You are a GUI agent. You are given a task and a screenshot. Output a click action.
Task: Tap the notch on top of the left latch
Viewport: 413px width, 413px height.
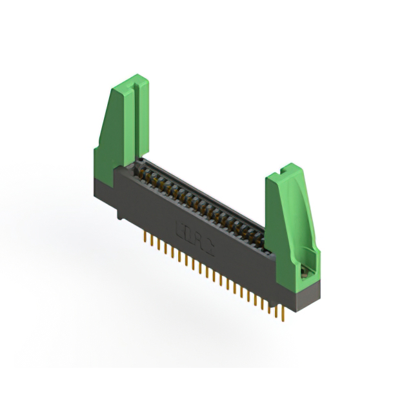coord(136,82)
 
